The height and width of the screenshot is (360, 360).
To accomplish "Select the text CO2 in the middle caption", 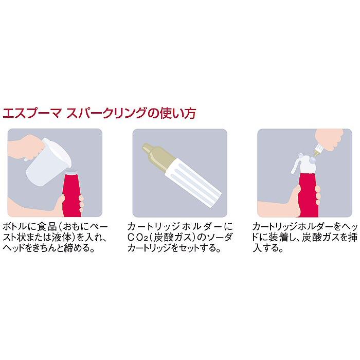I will point(139,237).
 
